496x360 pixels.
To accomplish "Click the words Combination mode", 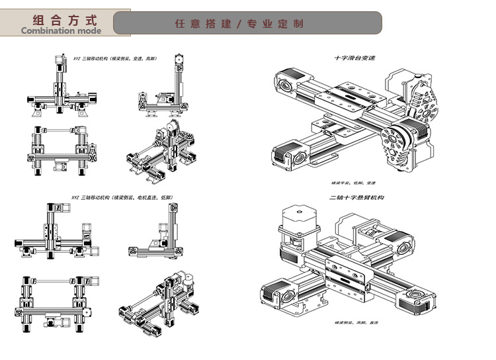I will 61,30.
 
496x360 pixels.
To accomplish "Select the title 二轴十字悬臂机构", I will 356,197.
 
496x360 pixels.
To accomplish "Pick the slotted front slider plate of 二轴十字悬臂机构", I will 346,276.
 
